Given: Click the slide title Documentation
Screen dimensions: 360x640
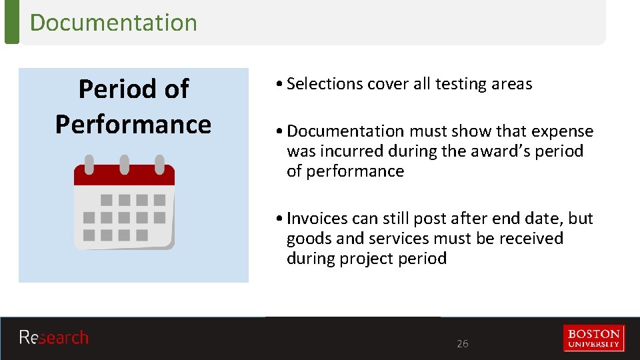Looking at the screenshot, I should pos(113,22).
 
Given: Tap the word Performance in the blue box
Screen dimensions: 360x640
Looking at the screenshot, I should pos(133,124).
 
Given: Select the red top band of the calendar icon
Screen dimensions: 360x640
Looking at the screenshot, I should pos(124,175).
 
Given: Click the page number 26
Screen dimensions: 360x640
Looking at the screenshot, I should pos(462,344).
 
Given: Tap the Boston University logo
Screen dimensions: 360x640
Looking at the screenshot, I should pos(593,338).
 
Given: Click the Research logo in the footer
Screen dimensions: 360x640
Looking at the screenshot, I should pos(53,338).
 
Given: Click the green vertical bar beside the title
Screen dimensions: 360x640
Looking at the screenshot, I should pos(11,22).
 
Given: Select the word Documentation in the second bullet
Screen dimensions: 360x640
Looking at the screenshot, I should pos(345,131).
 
